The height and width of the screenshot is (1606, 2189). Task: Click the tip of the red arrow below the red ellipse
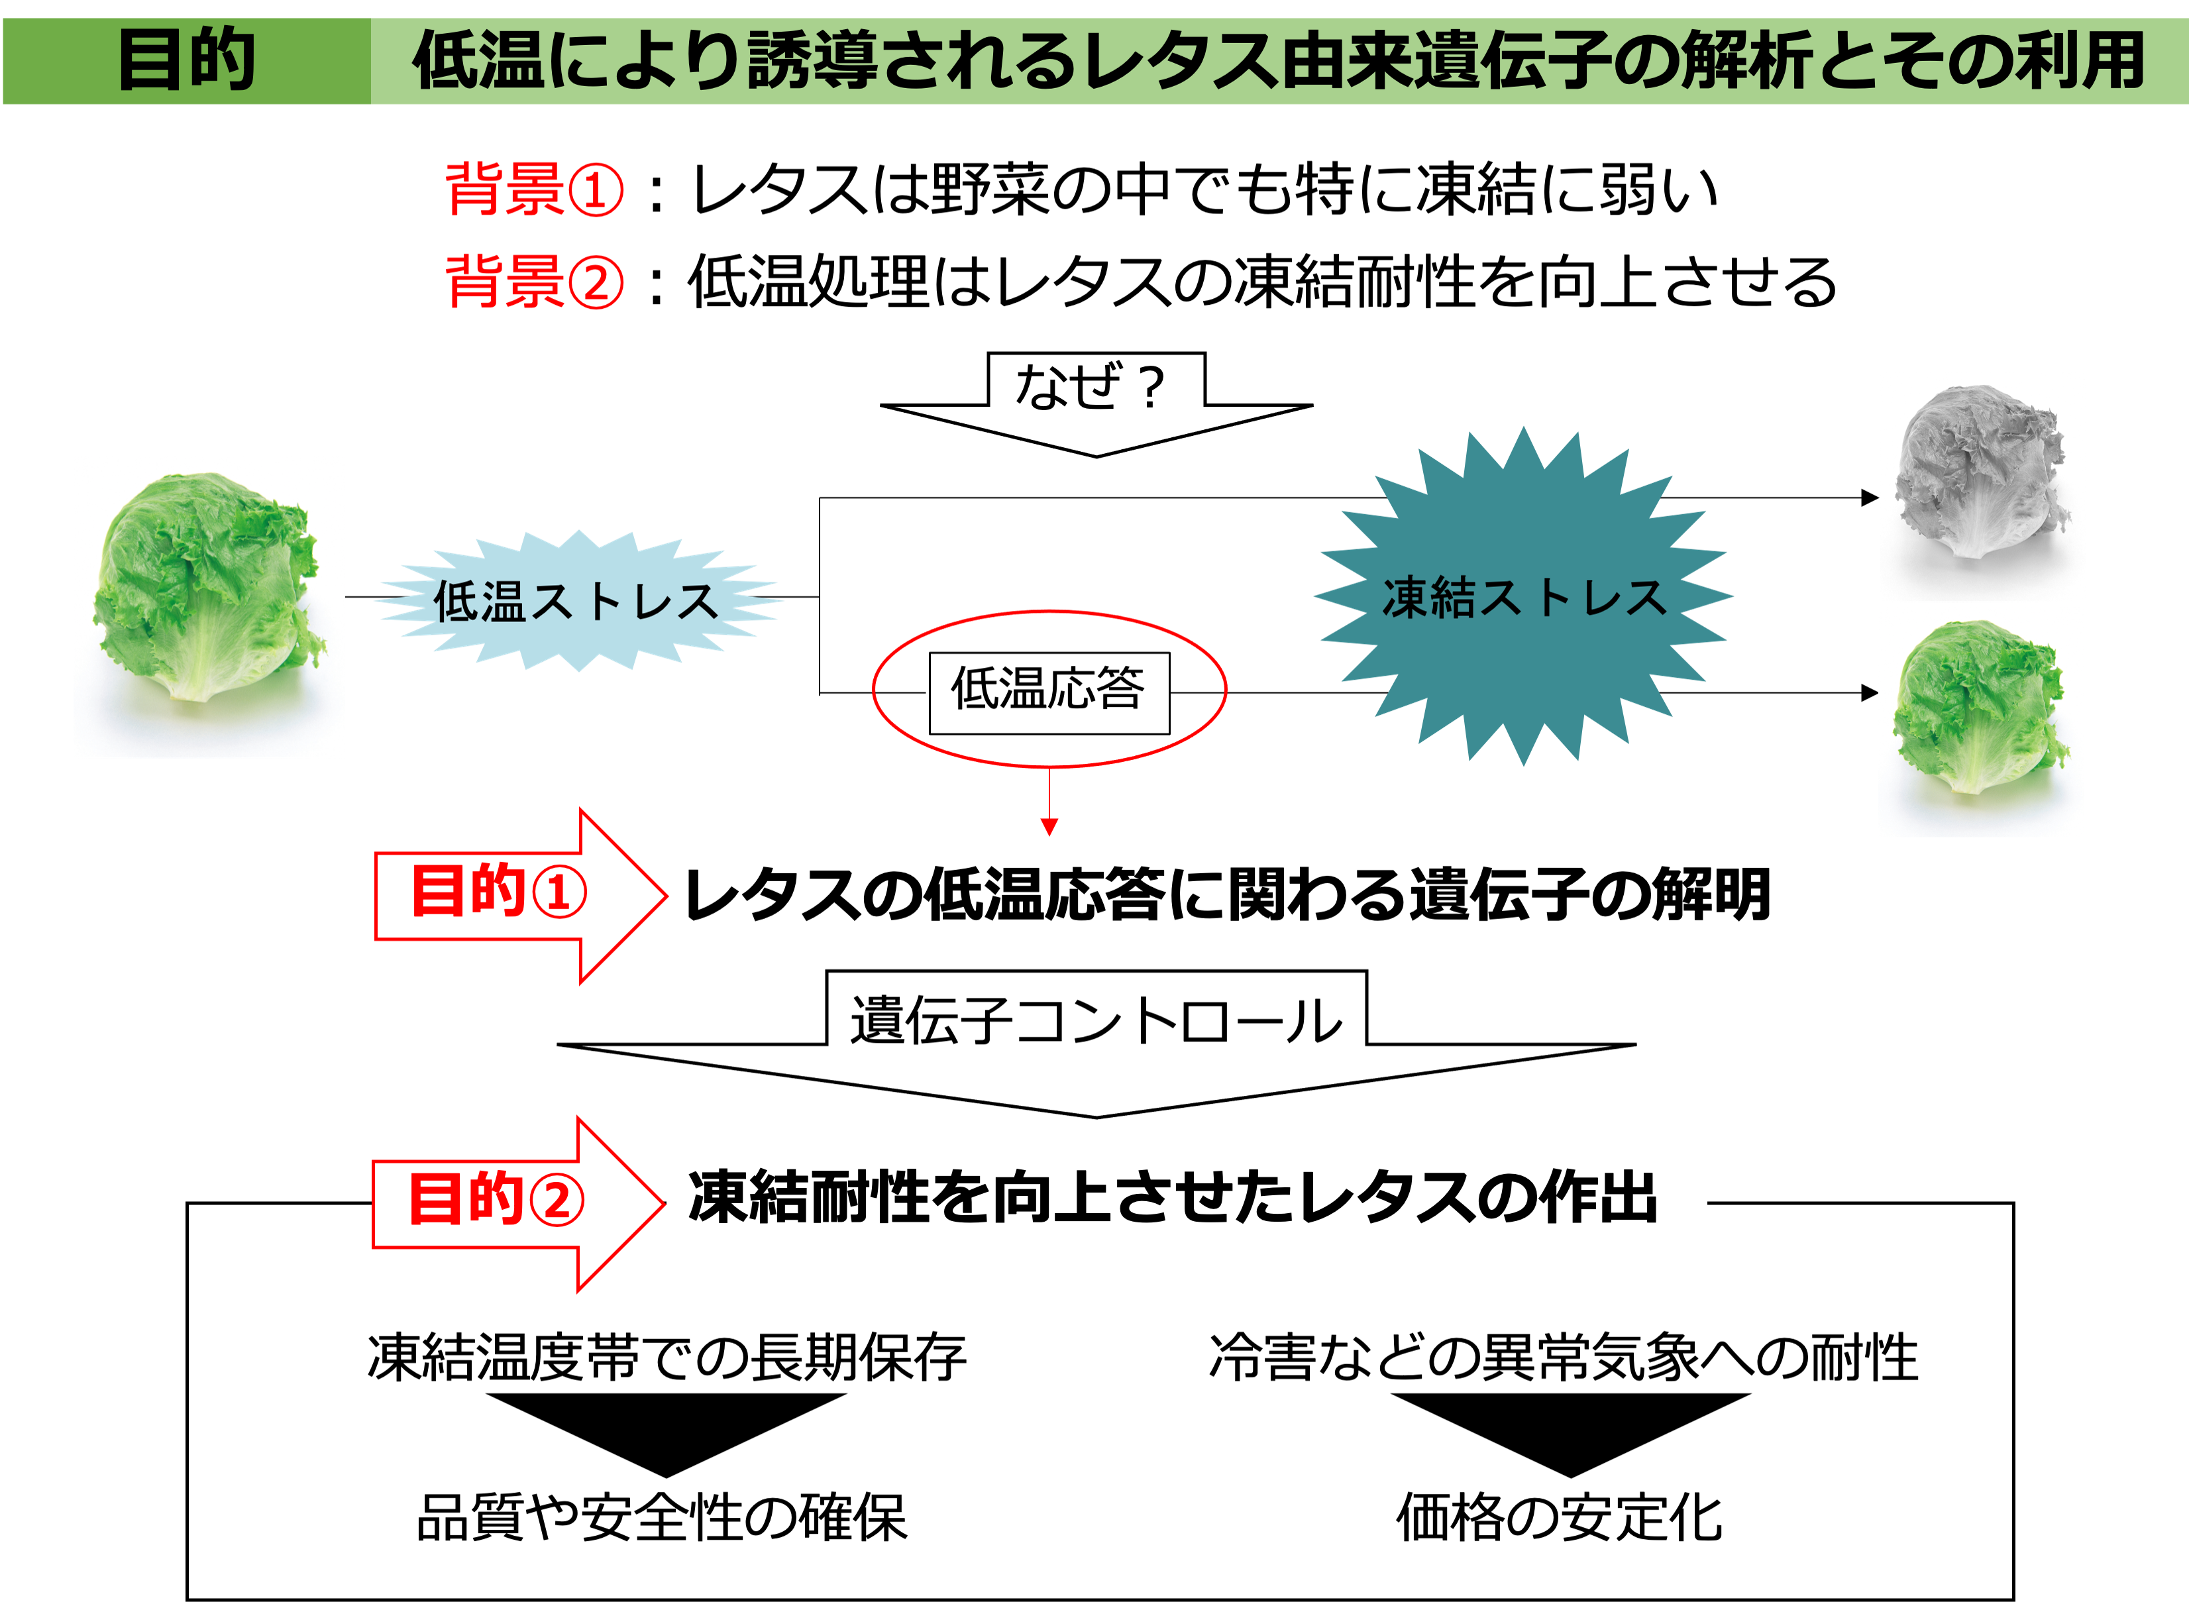pos(1049,835)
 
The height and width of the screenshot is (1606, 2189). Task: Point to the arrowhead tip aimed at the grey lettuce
pos(1879,498)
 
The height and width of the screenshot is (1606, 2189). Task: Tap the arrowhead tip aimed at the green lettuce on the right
pos(1879,693)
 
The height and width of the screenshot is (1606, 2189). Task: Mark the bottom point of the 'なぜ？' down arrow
pos(1096,456)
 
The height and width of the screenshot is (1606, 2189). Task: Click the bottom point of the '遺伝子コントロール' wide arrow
pos(1096,1118)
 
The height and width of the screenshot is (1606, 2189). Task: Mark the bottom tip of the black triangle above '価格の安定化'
pos(1571,1477)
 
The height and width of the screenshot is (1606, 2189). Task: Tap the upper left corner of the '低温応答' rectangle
pos(930,653)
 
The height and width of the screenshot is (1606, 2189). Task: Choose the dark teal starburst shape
pos(1523,596)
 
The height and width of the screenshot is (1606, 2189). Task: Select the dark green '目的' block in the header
pos(187,60)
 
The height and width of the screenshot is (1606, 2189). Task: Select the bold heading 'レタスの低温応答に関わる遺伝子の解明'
pos(1228,894)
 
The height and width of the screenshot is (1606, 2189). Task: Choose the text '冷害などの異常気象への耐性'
pos(1563,1357)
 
